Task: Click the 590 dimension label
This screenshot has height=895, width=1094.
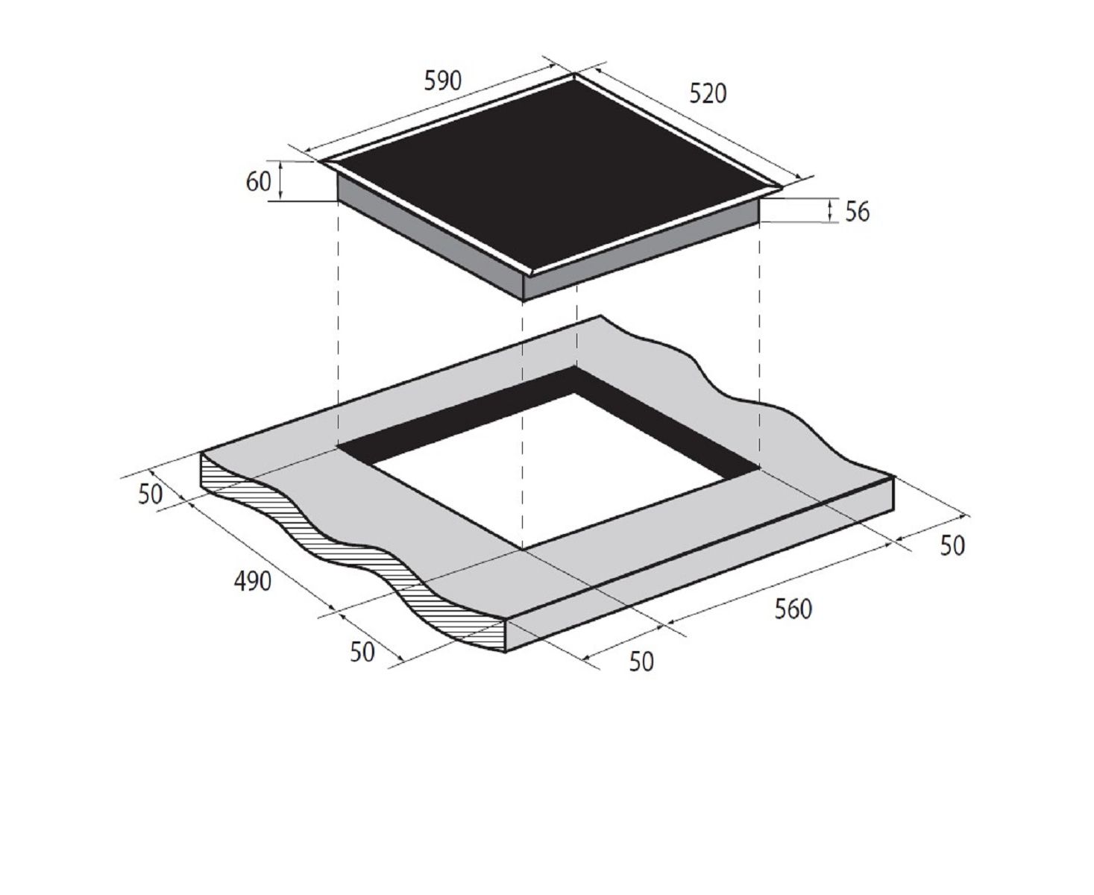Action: pyautogui.click(x=442, y=81)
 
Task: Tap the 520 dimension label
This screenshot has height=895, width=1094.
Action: pyautogui.click(x=708, y=94)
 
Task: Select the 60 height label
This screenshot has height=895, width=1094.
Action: pyautogui.click(x=258, y=181)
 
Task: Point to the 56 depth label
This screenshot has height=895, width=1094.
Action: pyautogui.click(x=857, y=212)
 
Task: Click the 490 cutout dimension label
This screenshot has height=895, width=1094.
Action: pyautogui.click(x=253, y=581)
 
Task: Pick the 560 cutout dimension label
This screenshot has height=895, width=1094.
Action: pyautogui.click(x=793, y=609)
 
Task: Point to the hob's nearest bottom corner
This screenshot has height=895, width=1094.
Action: pyautogui.click(x=523, y=300)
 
